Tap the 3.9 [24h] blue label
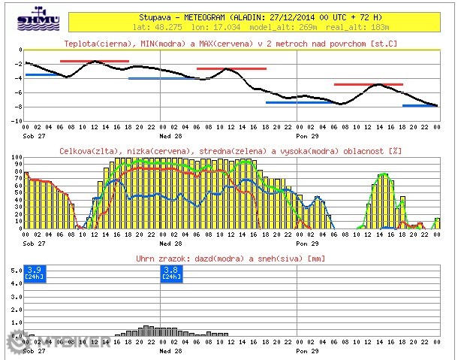(34, 273)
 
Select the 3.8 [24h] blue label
(171, 273)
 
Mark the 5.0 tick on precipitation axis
(15, 283)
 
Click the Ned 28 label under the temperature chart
(166, 136)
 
